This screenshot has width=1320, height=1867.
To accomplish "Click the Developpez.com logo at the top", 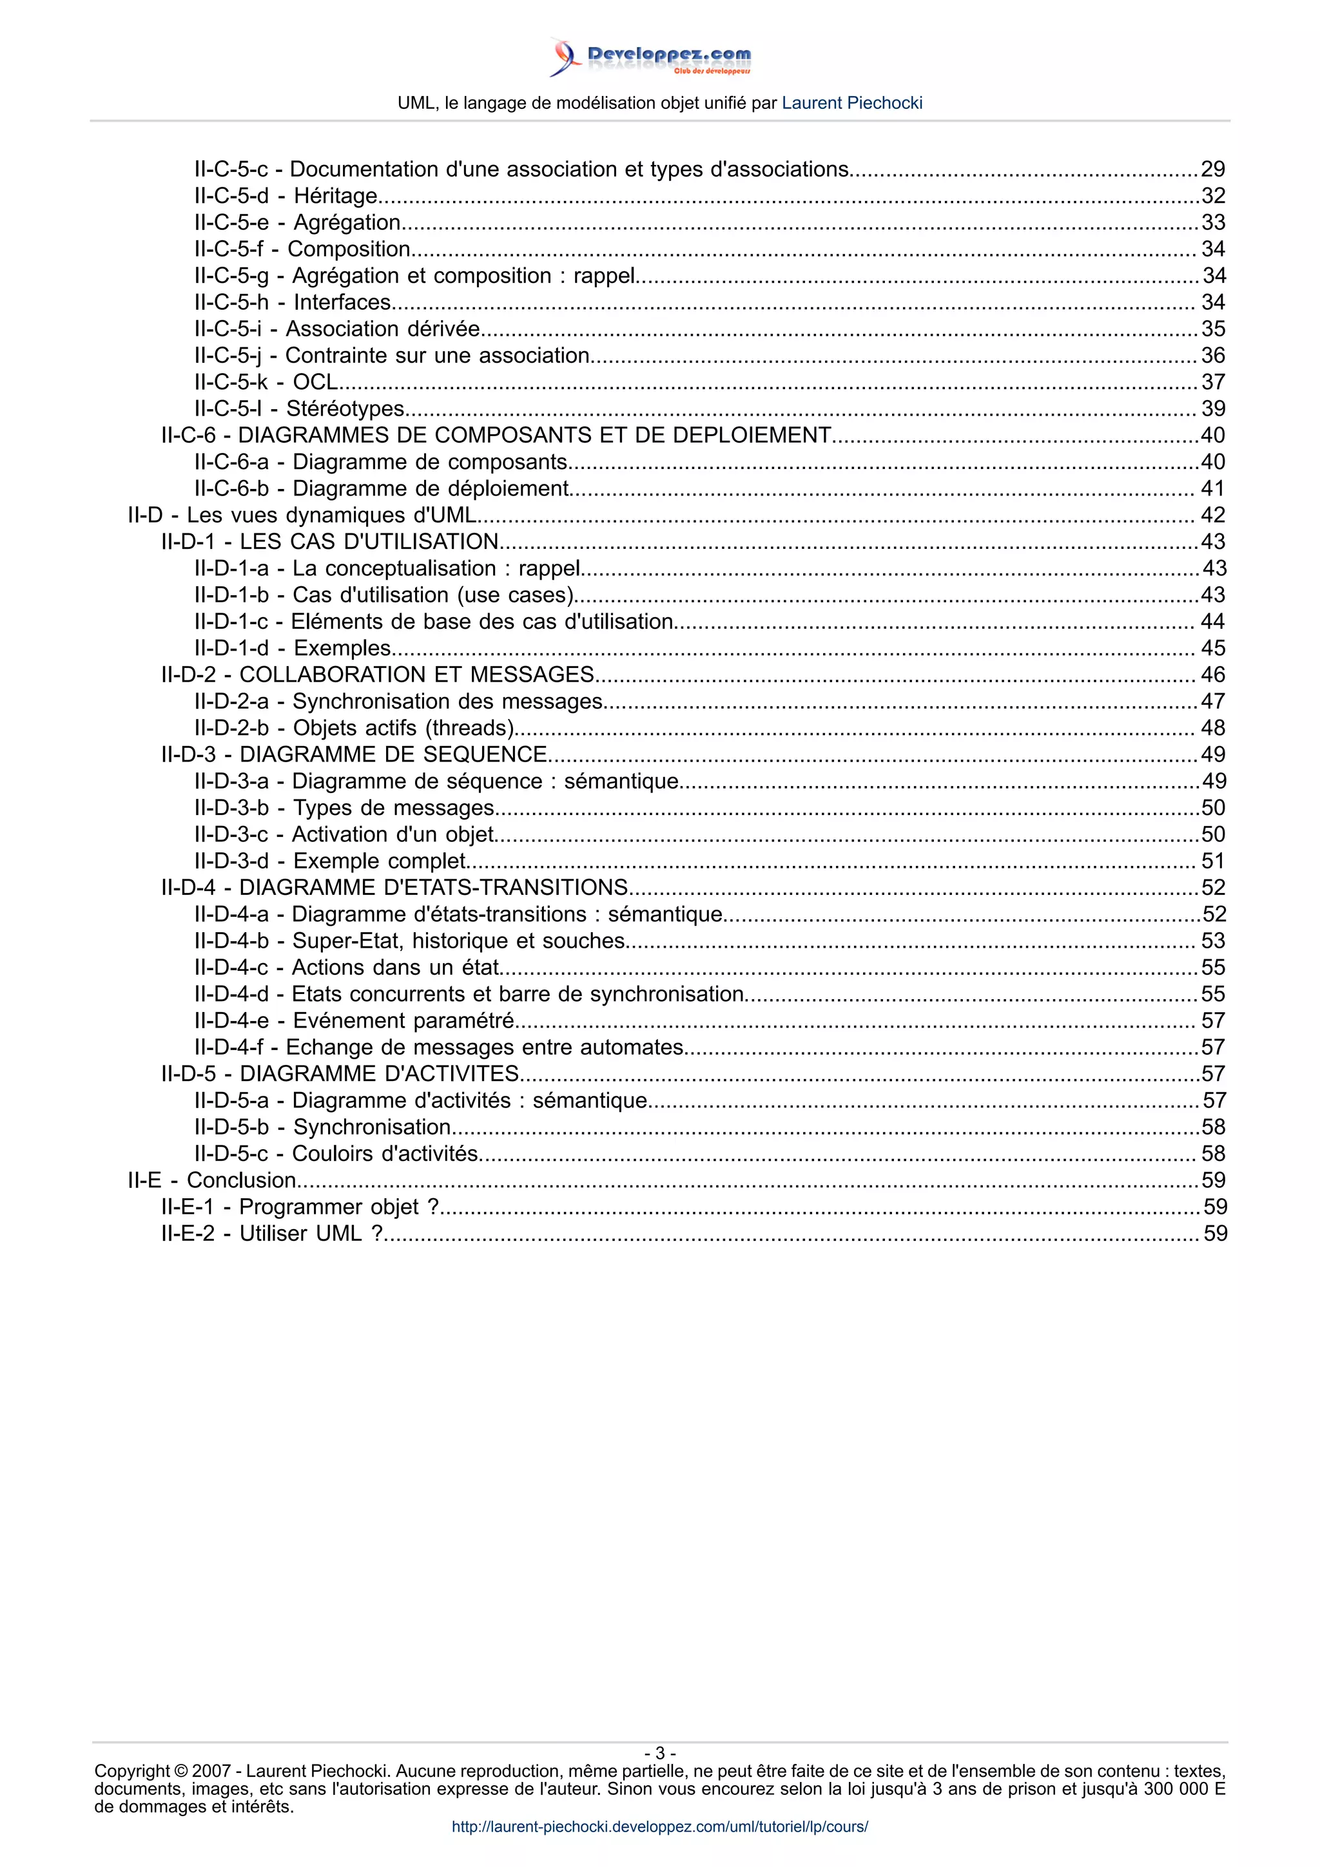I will pos(650,57).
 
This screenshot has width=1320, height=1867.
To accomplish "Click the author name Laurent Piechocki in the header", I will pos(851,103).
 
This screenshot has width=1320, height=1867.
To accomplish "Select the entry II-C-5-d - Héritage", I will pos(286,196).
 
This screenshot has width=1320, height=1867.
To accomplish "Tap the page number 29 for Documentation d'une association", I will pos(1212,169).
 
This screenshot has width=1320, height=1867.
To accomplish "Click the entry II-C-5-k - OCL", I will pos(266,382).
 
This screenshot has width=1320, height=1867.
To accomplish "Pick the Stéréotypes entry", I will pos(299,409).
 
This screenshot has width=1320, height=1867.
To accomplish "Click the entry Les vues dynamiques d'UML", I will pos(302,515).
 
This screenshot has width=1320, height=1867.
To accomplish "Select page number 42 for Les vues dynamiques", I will pos(1212,515).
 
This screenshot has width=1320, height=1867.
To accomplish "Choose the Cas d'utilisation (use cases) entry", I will pos(384,595).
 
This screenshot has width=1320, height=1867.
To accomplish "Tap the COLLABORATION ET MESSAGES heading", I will pos(378,675).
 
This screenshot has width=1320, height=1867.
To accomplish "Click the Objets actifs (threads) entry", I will pos(354,728).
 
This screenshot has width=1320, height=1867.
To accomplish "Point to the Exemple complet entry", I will pos(329,861).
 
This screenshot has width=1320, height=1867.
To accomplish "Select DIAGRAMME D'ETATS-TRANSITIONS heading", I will pos(394,888).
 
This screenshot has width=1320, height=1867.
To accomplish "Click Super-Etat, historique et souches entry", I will pos(409,941).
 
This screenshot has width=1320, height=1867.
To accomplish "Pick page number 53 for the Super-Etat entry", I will pos(1212,941).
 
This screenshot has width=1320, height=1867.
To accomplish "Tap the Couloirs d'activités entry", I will pos(336,1154).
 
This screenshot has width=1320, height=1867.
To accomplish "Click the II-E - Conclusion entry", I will pos(212,1181).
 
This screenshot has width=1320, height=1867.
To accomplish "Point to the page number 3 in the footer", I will pos(659,1753).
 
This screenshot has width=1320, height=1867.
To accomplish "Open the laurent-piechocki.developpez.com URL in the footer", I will pos(659,1827).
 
